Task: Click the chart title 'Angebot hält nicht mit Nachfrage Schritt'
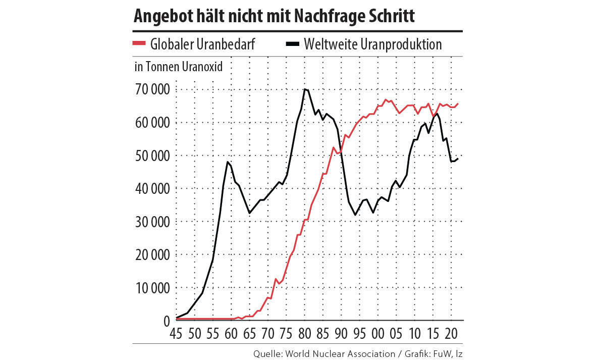274,17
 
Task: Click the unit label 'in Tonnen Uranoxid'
179,66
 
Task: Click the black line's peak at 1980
305,89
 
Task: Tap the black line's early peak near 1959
228,162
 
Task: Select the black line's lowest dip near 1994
356,215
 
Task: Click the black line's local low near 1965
249,213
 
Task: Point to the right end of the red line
458,104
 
